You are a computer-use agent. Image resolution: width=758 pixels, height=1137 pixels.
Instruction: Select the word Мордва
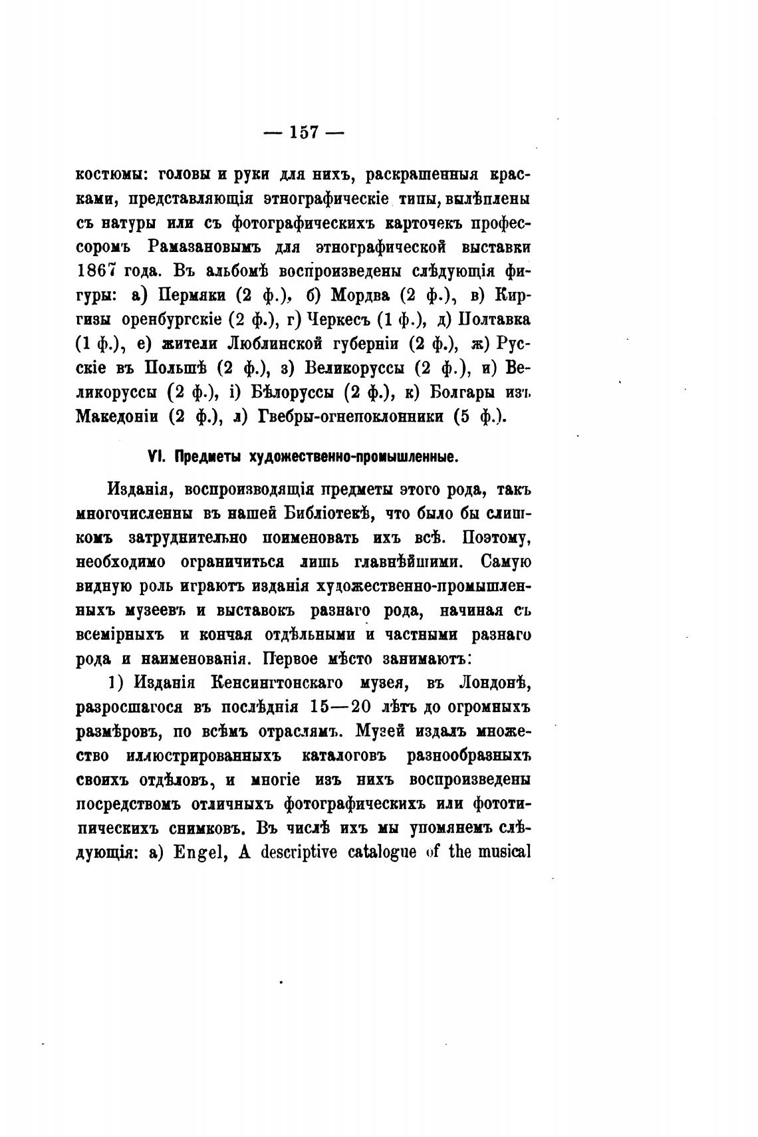click(360, 295)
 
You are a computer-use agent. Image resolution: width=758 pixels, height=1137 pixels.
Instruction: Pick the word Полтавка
click(491, 320)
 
